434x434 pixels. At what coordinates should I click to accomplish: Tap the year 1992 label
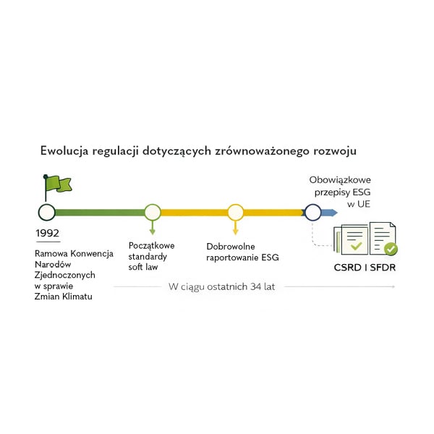[47, 234]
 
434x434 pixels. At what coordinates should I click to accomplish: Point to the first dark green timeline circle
[46, 212]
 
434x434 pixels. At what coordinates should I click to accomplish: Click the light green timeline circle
[152, 212]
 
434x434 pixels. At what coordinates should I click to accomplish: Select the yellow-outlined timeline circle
[235, 212]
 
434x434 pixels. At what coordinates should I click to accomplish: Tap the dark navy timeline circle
[312, 212]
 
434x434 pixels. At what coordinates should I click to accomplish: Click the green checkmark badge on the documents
[391, 250]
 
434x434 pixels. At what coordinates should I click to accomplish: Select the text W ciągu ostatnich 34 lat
[221, 286]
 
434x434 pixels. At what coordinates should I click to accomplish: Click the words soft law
[143, 268]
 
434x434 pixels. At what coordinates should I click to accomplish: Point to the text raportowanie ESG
[242, 258]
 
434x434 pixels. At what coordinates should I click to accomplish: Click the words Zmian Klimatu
[64, 297]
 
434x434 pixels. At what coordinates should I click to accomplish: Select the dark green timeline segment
[99, 212]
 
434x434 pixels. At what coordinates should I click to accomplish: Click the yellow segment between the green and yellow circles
[193, 212]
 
